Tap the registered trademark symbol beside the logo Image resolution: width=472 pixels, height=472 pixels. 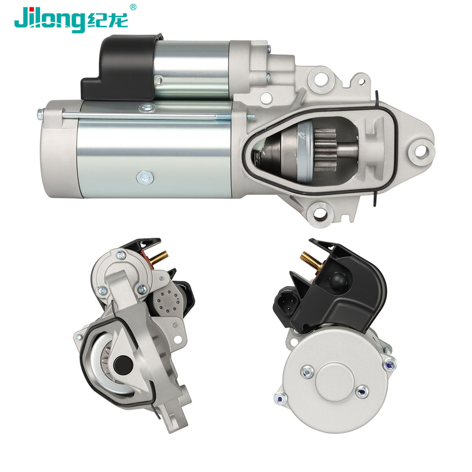point(133,7)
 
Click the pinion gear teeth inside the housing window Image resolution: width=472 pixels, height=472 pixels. point(326,150)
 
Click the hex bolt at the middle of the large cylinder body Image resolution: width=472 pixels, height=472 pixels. point(145,177)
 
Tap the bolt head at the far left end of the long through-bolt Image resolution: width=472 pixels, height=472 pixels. point(40,114)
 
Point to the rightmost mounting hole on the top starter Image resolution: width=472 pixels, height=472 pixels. point(421,152)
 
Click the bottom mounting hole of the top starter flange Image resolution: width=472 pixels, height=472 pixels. point(320,214)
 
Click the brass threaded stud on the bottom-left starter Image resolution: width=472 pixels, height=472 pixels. point(159,258)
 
